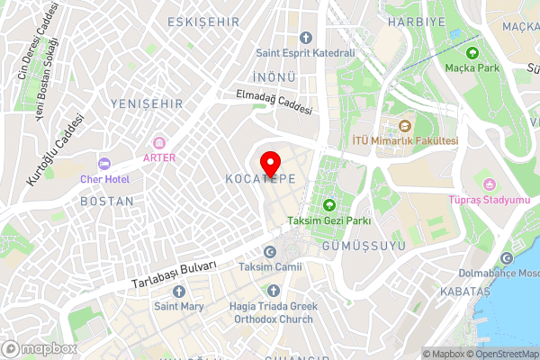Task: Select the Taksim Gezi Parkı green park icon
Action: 328,205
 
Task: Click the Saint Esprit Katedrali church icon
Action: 305,38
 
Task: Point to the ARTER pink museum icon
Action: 159,143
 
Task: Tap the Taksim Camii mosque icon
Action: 269,252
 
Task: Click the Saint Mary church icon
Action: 178,292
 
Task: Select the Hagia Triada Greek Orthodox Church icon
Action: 274,291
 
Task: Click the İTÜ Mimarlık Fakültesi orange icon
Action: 404,126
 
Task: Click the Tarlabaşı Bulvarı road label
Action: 175,274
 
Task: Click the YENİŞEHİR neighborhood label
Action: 139,104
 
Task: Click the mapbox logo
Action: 40,348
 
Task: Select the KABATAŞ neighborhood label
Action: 464,292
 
